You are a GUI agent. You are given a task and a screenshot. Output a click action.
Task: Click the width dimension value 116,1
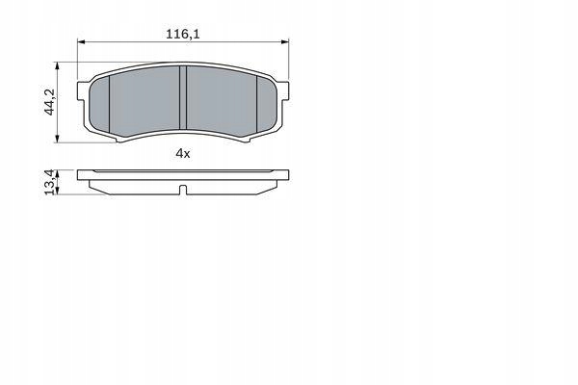point(183,34)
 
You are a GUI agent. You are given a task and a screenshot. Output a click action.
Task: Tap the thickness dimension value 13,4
point(48,182)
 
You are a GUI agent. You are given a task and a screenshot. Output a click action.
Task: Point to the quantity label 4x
point(183,153)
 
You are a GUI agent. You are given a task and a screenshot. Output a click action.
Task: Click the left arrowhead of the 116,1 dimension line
point(82,42)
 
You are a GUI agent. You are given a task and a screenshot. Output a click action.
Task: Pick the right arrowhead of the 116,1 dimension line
point(284,42)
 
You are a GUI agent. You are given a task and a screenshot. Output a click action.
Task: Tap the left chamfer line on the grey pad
point(110,101)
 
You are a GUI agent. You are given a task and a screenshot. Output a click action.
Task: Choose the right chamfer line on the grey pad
point(256,101)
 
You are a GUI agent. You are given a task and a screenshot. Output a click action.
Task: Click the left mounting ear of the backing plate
point(84,83)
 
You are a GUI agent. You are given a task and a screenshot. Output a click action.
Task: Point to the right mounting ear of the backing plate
point(282,83)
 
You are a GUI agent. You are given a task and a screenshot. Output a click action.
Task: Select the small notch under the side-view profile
point(183,189)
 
